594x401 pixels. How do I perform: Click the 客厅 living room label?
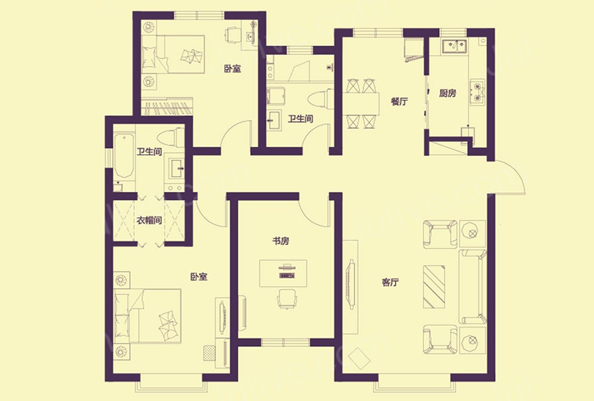tap(390, 282)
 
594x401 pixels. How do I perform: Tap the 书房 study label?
tap(281, 241)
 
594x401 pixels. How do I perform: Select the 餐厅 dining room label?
tap(400, 102)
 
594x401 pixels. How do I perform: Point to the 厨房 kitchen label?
tap(448, 93)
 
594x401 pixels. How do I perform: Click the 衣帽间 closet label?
tap(149, 220)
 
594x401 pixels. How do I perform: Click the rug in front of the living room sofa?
tap(434, 287)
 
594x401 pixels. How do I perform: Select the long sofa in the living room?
tap(473, 287)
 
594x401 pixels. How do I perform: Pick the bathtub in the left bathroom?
tap(124, 155)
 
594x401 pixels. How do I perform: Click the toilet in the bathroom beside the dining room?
tap(321, 100)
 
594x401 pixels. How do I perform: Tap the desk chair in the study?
tap(287, 298)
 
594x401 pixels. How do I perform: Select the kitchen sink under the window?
tap(454, 46)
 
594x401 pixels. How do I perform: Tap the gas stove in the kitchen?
tap(477, 92)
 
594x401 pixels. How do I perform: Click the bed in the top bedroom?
tap(173, 54)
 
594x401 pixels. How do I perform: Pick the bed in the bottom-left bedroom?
tap(147, 316)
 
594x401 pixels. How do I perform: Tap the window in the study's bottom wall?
tap(285, 343)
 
